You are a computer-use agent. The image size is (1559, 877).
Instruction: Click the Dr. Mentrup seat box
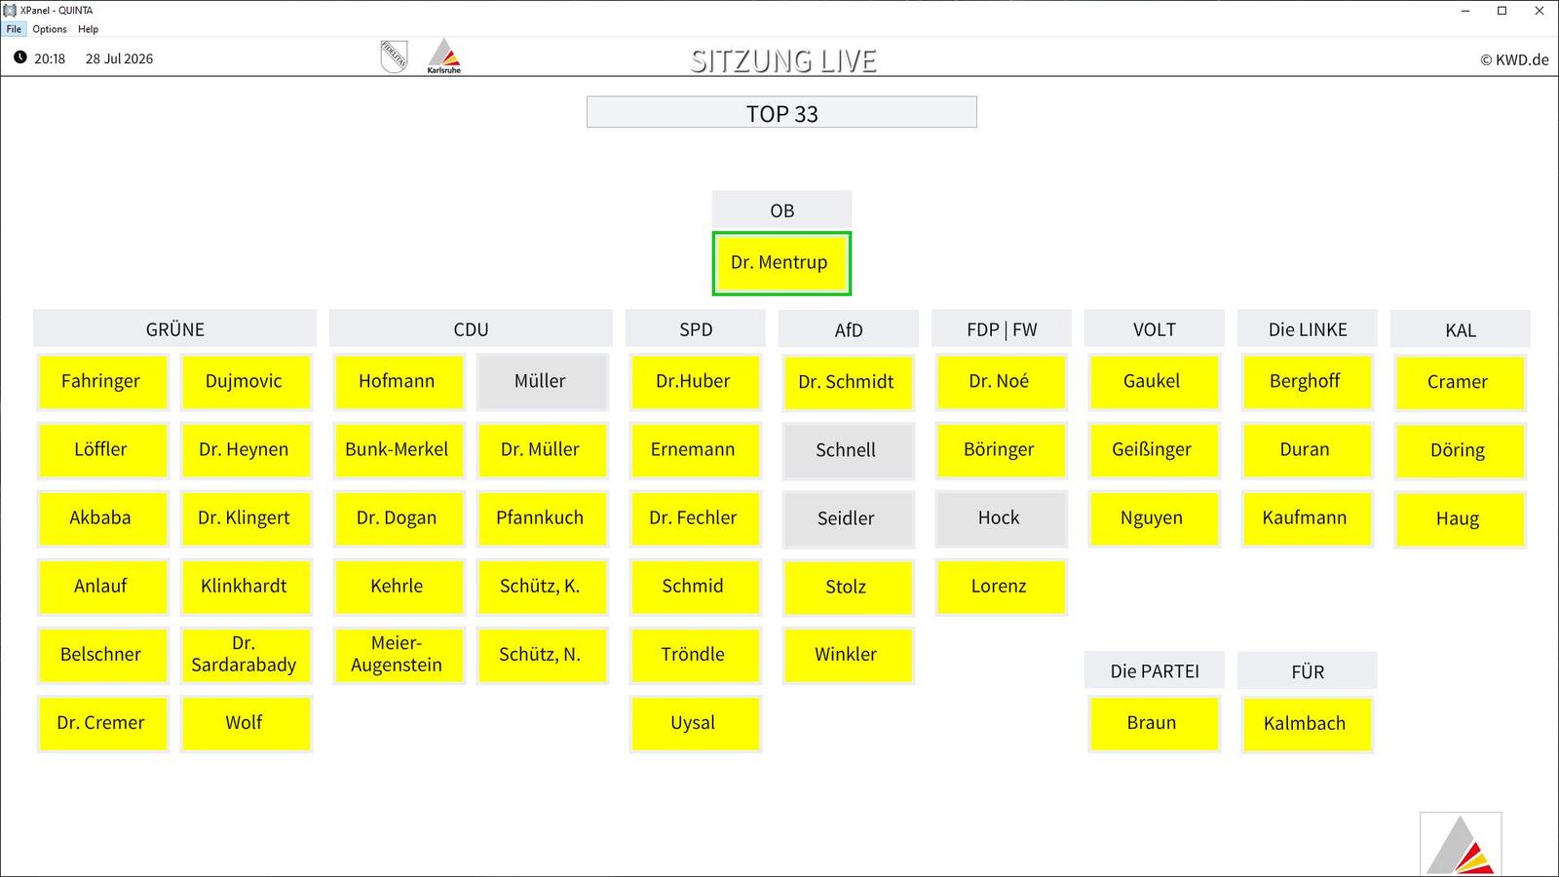[780, 263]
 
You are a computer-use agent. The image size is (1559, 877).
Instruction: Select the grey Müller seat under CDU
[542, 381]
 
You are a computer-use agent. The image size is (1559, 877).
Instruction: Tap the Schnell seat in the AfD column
[848, 450]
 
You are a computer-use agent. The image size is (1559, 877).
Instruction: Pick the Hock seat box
[1001, 518]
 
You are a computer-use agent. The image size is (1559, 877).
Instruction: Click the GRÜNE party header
[174, 328]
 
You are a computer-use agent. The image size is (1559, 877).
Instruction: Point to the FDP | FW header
[1002, 328]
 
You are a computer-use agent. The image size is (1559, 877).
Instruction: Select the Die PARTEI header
[1154, 671]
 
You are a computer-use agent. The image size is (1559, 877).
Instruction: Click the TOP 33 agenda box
[781, 112]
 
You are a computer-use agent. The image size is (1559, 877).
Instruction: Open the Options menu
[50, 29]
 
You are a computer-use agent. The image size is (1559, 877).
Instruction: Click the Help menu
[88, 29]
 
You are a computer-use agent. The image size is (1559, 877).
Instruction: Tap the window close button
[1539, 11]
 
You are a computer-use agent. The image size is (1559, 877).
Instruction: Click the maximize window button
[1502, 11]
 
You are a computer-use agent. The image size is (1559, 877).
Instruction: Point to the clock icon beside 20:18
[20, 57]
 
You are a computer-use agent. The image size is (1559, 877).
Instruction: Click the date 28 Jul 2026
[119, 59]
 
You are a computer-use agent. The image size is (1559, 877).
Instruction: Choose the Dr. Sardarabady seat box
[246, 655]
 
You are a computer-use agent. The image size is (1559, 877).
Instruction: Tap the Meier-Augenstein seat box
[399, 655]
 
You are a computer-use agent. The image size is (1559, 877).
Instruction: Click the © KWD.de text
[1514, 59]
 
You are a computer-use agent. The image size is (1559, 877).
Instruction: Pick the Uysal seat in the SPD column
[695, 723]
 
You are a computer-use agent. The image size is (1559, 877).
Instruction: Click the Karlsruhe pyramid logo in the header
[444, 56]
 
